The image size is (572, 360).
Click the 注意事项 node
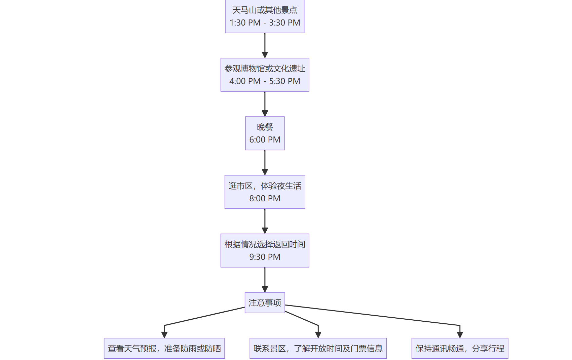(x=265, y=303)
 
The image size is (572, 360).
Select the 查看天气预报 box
(x=164, y=348)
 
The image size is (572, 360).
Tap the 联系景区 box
(x=318, y=348)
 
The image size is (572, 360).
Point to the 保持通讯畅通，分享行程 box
(x=460, y=348)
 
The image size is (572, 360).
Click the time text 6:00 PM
(x=265, y=139)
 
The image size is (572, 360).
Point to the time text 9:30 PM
(x=265, y=257)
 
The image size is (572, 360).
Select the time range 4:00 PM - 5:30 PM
(x=265, y=81)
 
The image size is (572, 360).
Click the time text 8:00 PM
(x=265, y=198)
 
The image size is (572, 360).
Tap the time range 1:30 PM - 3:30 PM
(x=265, y=23)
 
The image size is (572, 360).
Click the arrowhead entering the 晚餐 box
(x=265, y=113)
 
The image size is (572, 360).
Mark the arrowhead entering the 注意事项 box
(x=265, y=289)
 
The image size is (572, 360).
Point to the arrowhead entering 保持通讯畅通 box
(x=460, y=335)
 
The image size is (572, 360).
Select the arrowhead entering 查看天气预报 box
(x=164, y=335)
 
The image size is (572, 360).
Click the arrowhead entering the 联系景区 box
(x=318, y=335)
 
